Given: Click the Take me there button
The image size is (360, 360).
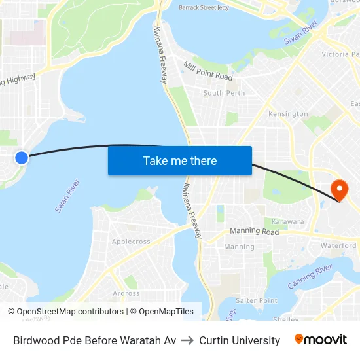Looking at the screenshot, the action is point(180,160).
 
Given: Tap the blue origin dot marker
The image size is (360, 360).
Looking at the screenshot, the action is point(22,157).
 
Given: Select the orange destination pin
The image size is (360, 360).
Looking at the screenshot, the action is point(340,190).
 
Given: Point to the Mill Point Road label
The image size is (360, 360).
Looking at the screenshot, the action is point(208,72).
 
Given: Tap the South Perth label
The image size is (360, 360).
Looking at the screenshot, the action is point(224,93).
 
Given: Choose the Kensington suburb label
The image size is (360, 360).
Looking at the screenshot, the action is point(288,114).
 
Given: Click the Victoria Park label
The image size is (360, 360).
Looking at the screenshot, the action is point(340,54).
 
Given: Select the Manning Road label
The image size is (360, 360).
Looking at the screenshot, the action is point(254,232).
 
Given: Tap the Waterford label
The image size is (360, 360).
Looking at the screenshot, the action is point(338,245).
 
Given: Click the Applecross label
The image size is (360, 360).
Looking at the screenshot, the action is point(131,242).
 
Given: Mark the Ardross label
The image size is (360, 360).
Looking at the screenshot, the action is point(126,293).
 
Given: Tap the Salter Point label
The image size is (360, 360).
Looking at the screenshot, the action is point(257,300).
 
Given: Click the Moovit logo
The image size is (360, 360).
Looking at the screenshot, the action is point(321,340).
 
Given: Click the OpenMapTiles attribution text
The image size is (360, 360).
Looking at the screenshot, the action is point(166,312).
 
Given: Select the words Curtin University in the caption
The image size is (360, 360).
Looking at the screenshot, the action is point(240,340).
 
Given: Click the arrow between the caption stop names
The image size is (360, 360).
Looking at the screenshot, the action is point(187,340).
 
